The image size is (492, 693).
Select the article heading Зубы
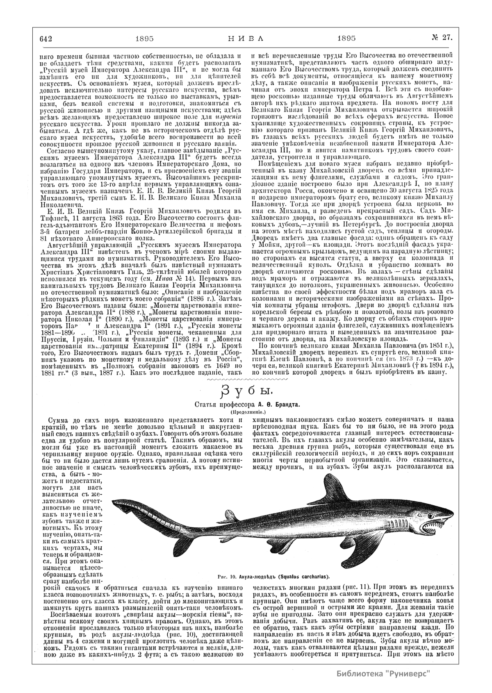(x=245, y=391)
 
